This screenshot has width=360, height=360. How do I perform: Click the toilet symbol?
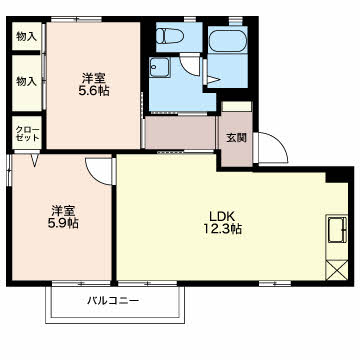tap(170, 35)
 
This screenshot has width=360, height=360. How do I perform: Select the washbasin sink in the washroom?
tap(159, 68)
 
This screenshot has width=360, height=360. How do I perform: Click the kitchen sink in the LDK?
tap(337, 230)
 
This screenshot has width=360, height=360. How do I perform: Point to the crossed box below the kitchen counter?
tap(337, 270)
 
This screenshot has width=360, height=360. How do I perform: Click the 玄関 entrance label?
tap(237, 138)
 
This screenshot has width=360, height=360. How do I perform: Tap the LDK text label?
tap(222, 216)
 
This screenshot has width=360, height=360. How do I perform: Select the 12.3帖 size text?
tap(223, 229)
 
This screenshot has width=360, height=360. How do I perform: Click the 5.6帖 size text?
tap(94, 91)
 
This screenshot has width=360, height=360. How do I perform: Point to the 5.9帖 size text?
tap(63, 223)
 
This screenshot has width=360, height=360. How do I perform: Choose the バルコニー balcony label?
tap(113, 301)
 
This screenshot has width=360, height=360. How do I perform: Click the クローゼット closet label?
tap(27, 133)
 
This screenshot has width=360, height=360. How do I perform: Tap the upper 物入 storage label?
tap(26, 37)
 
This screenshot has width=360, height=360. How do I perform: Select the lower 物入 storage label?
tap(26, 81)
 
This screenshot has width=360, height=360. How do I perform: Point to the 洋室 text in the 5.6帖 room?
tap(94, 79)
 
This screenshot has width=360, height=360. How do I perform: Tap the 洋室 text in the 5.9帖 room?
tap(63, 211)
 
